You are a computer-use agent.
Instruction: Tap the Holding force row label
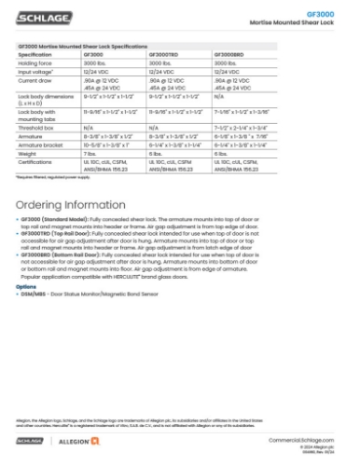(33, 63)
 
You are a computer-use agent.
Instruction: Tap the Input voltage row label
(33, 72)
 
